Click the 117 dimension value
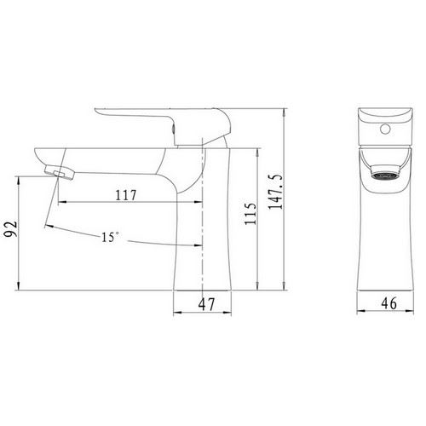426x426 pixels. [126, 195]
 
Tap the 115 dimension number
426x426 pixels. [250, 214]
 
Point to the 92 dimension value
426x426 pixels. [11, 229]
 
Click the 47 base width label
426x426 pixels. [207, 304]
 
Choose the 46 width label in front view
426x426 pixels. [389, 303]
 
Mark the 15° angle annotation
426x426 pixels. [110, 237]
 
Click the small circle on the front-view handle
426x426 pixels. [385, 129]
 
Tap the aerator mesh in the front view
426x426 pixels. [385, 176]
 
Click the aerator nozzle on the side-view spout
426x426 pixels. [60, 172]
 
